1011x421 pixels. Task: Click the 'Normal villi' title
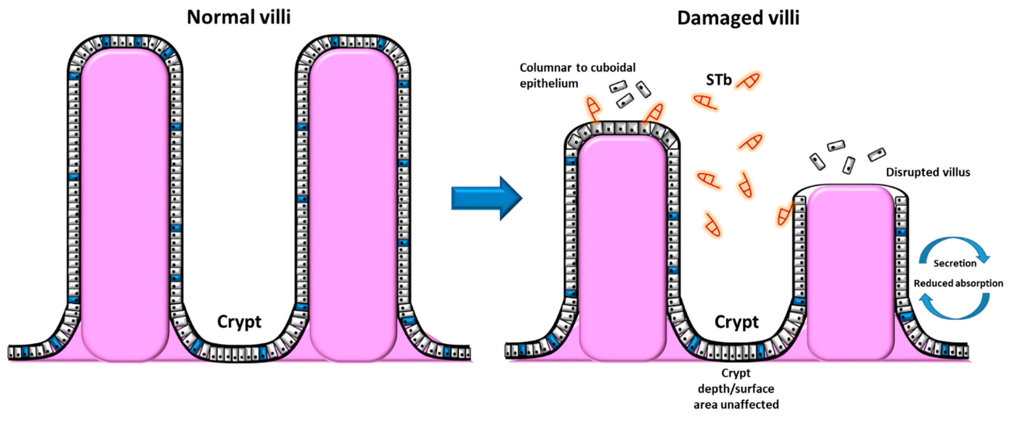238,17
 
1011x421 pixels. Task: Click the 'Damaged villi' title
738,18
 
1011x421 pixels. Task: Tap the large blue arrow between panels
487,198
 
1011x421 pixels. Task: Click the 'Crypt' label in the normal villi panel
239,322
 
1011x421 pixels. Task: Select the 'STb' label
718,80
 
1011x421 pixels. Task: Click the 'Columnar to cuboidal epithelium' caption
577,75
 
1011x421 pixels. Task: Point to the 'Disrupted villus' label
928,172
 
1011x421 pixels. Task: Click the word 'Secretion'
955,263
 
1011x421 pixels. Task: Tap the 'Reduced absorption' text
958,283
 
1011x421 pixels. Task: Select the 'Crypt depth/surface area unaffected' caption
736,389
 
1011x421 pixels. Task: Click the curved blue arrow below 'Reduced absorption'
955,308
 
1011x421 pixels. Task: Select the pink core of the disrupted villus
851,271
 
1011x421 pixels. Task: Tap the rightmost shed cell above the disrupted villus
877,154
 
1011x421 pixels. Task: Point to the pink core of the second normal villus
353,204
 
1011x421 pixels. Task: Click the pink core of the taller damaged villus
622,247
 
